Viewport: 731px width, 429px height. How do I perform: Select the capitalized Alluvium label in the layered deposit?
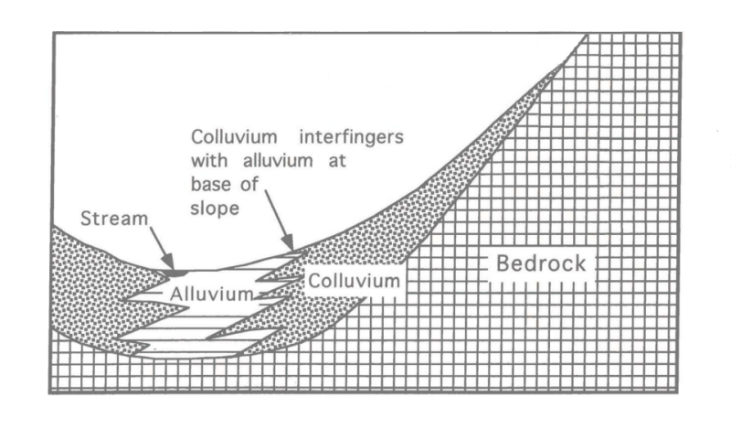[211, 294]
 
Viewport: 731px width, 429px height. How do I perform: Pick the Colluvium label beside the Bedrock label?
[354, 280]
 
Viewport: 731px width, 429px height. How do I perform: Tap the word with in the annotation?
[209, 161]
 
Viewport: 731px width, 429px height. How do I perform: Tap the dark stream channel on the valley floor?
[178, 272]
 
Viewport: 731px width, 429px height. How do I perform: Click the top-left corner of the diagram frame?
[53, 33]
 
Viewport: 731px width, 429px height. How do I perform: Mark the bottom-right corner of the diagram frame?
[681, 394]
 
